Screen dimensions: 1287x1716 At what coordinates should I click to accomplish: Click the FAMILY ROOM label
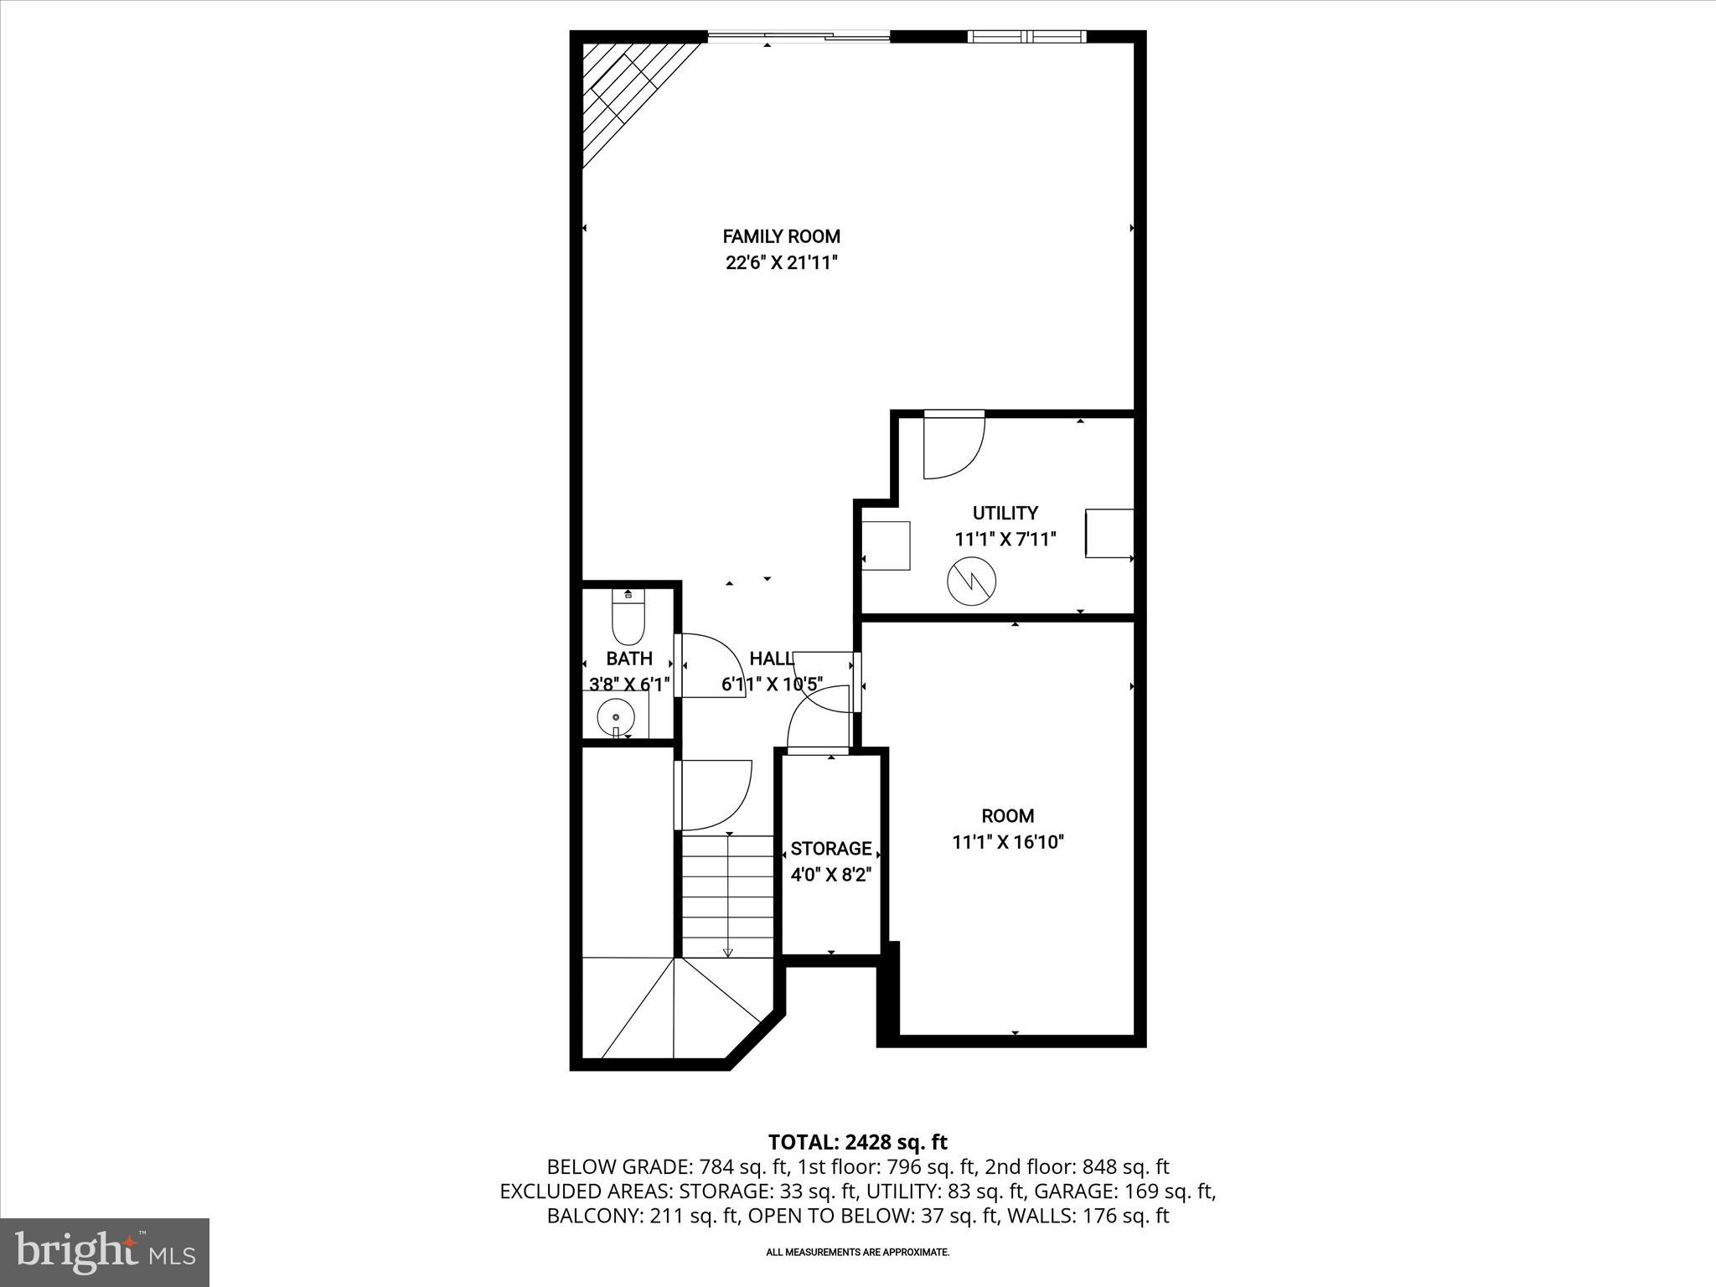[x=781, y=237]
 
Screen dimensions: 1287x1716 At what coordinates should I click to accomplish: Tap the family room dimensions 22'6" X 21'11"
[x=781, y=263]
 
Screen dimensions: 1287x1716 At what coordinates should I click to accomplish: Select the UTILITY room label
[x=1005, y=513]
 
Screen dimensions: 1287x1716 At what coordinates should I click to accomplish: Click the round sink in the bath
[x=616, y=718]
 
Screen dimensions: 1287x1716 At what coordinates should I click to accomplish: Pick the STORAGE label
[x=830, y=849]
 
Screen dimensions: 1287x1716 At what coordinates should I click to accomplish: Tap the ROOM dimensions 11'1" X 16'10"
[x=1007, y=842]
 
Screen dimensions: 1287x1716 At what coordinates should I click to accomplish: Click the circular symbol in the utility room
[x=972, y=580]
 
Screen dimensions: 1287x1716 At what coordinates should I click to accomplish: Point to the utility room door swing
[x=954, y=446]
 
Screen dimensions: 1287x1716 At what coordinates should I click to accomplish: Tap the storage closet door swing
[x=817, y=717]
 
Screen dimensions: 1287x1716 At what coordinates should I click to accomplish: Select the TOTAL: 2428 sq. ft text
[x=857, y=1142]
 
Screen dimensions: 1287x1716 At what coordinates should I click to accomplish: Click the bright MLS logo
[x=105, y=1252]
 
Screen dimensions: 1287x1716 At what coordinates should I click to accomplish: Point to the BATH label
[x=629, y=659]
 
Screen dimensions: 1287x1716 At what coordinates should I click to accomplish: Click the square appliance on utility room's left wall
[x=886, y=545]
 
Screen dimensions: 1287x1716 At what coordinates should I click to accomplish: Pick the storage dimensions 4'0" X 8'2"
[x=830, y=876]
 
